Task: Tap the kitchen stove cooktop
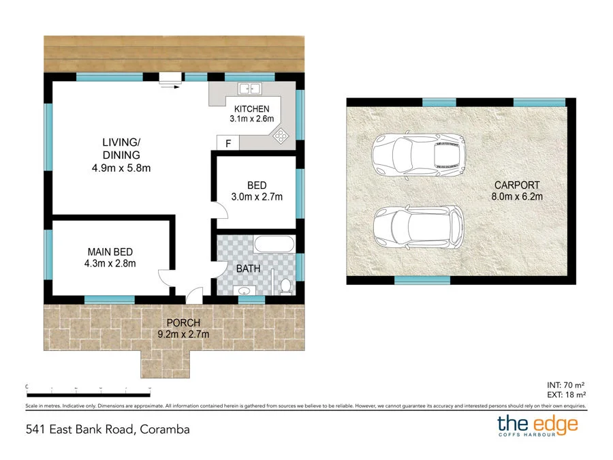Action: (281, 136)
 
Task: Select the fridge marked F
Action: (227, 143)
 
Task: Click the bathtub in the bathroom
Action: (274, 243)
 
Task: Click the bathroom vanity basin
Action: (245, 292)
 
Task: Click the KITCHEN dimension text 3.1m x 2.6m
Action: (251, 119)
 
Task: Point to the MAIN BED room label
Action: (110, 252)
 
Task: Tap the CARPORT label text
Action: (517, 185)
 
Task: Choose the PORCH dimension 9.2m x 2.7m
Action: (183, 334)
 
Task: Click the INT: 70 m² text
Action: (566, 384)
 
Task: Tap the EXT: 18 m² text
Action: (566, 394)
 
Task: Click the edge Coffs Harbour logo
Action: (537, 426)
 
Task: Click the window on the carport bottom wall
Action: (422, 280)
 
